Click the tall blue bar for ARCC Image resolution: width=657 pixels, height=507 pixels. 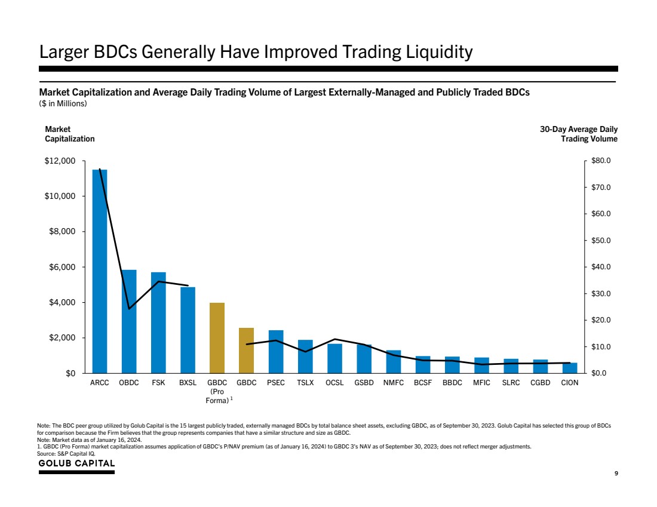click(100, 272)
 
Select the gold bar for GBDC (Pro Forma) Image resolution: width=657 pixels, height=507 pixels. click(217, 338)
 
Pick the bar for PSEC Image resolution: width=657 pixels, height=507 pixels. click(276, 352)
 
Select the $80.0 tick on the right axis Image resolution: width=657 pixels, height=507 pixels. click(600, 161)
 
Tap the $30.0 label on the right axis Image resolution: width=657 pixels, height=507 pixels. click(600, 294)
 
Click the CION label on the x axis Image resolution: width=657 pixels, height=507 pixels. click(570, 383)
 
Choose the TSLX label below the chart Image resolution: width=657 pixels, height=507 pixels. click(305, 383)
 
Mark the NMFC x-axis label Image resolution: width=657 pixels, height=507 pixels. click(394, 383)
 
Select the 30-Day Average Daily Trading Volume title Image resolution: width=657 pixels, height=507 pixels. click(578, 134)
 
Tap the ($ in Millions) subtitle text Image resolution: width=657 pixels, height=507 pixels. click(63, 104)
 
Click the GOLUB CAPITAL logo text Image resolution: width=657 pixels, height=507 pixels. click(76, 464)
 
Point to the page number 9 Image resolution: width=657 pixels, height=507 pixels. click(616, 474)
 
